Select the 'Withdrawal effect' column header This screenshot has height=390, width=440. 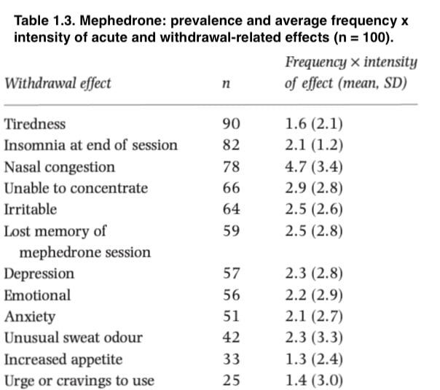58,83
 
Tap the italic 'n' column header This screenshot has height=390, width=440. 226,84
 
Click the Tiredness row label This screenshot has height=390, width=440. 35,124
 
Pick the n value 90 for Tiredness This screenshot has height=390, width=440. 231,124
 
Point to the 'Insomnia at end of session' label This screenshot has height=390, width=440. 90,145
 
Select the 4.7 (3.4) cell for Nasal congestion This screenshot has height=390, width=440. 314,167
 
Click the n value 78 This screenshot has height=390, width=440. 231,166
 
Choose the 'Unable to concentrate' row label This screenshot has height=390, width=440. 76,188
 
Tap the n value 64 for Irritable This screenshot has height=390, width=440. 231,209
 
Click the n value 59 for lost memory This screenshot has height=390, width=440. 231,231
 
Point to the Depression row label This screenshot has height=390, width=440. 39,274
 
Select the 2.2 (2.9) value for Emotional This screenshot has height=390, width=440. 314,295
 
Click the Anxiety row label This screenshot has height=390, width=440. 30,317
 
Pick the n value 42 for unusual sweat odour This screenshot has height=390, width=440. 231,338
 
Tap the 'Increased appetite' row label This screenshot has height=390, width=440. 63,359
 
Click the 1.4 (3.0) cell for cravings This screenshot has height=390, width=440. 314,381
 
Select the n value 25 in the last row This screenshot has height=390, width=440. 231,381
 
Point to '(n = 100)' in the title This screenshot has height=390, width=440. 364,37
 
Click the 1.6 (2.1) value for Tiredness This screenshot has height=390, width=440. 314,124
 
